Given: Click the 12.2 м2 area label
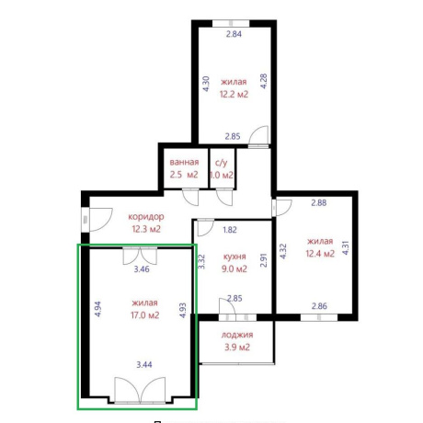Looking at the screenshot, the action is (x=234, y=94).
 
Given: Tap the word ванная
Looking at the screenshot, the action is (x=184, y=162).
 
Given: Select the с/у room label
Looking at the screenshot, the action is (x=222, y=163).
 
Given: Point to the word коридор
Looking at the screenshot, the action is (x=146, y=217).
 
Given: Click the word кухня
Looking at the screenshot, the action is (x=234, y=257).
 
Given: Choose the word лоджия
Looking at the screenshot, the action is (x=237, y=335).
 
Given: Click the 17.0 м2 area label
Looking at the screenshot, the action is (x=145, y=315).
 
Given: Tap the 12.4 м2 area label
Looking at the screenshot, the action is (x=320, y=254).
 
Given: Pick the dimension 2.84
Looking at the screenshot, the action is (x=234, y=34).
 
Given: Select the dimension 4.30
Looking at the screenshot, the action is (x=206, y=84).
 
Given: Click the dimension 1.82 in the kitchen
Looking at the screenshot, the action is (x=230, y=230).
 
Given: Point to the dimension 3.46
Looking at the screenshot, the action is (x=142, y=269).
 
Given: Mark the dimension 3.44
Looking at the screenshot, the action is (x=144, y=365).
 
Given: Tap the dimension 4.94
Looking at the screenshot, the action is (x=97, y=309).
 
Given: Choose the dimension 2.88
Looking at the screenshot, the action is (x=319, y=202).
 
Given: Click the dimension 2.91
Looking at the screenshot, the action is (x=264, y=260).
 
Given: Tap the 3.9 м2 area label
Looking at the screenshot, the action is (x=237, y=348).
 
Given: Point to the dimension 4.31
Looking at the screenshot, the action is (x=346, y=248).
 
